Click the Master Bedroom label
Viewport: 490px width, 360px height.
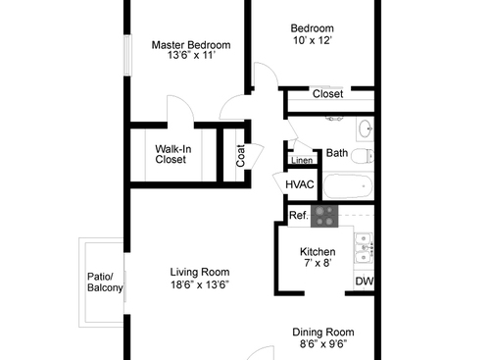tap(191, 45)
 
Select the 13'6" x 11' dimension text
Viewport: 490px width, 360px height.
tap(191, 57)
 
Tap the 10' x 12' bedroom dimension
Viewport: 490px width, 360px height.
tap(313, 41)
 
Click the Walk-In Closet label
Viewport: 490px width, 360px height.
tap(171, 154)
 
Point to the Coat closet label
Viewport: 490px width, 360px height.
tap(240, 155)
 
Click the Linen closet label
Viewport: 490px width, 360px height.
tap(302, 160)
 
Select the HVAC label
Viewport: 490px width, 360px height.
tap(299, 184)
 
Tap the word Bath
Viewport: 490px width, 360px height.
tap(336, 153)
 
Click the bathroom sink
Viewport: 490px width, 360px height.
tap(364, 129)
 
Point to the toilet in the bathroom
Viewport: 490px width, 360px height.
tap(362, 155)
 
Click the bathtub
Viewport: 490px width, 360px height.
tap(346, 185)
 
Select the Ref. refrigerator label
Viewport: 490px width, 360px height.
tap(298, 215)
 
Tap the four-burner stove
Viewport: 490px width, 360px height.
tap(324, 214)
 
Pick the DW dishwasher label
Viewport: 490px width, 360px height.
tap(364, 282)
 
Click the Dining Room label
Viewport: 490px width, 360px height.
tap(323, 332)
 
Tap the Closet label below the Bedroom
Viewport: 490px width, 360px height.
tap(327, 94)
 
